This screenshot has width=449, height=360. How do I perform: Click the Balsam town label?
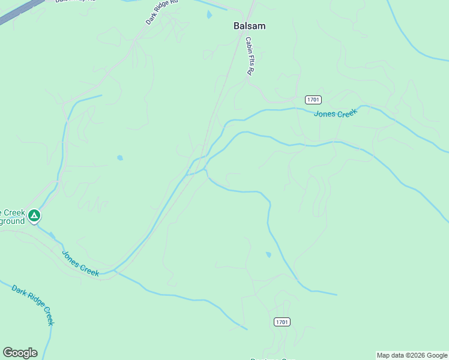click(249, 26)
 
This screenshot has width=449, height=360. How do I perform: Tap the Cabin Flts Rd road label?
click(249, 56)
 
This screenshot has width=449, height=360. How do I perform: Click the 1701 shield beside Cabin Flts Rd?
click(313, 100)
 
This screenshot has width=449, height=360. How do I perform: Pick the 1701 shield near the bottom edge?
click(282, 322)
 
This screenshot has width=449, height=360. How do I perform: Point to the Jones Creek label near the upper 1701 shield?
click(336, 113)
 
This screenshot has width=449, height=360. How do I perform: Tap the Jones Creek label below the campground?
click(80, 263)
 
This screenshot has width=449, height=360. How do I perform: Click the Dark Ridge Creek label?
click(33, 304)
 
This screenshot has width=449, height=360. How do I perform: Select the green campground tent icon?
click(35, 215)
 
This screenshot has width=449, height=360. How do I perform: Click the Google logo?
click(20, 353)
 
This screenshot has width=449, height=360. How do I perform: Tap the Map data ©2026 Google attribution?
click(412, 355)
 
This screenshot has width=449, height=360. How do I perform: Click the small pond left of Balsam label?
click(209, 15)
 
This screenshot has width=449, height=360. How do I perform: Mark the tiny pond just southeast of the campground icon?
click(52, 235)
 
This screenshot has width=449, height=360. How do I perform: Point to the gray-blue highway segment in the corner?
click(18, 11)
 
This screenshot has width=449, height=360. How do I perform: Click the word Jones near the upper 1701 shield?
click(325, 115)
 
